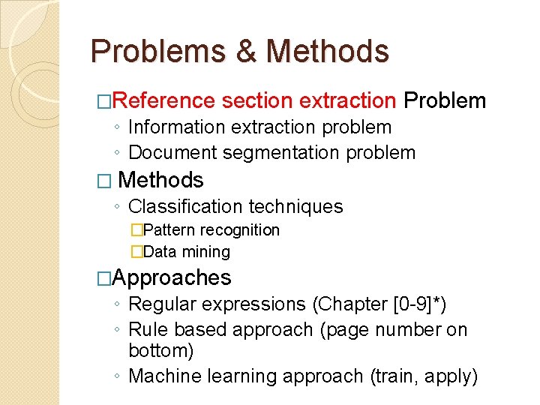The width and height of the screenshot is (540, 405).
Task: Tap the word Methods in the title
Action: pyautogui.click(x=328, y=52)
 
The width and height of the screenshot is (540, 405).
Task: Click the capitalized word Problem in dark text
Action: pyautogui.click(x=445, y=100)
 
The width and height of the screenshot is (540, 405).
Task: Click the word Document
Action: pyautogui.click(x=174, y=153)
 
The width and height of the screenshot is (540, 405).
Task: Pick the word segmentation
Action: pyautogui.click(x=281, y=153)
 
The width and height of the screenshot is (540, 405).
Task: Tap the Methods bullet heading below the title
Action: pyautogui.click(x=160, y=180)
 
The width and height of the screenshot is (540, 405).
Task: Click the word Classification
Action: pyautogui.click(x=184, y=206)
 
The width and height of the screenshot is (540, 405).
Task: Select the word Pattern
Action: pyautogui.click(x=167, y=230)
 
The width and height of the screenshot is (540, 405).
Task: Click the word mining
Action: pyautogui.click(x=207, y=252)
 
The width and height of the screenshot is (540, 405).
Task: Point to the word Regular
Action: pyautogui.click(x=160, y=304)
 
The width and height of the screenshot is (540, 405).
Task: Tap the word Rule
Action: pyautogui.click(x=145, y=329)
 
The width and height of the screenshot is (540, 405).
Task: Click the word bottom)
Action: pyautogui.click(x=161, y=351)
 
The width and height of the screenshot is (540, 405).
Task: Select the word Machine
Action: pyautogui.click(x=162, y=376)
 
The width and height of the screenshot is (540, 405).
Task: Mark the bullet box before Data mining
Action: pyautogui.click(x=136, y=252)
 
